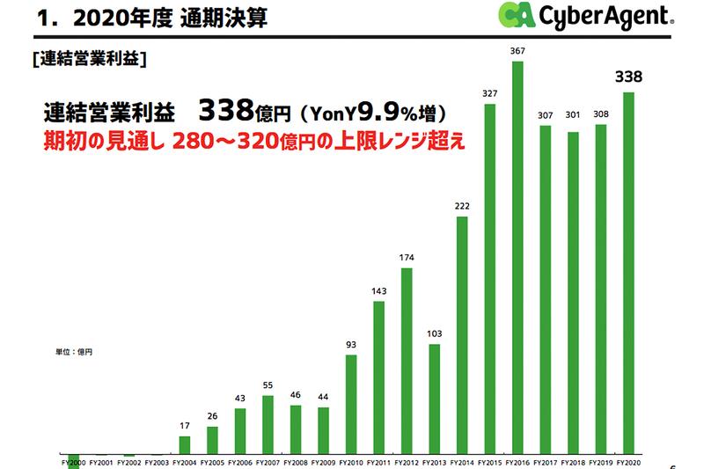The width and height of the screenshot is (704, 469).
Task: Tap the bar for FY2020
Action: point(627,273)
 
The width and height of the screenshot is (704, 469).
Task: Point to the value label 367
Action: point(517,52)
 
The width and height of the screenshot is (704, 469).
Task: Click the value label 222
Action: point(462,206)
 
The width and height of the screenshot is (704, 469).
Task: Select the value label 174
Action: point(407,258)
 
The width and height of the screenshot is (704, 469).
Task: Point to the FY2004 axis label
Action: point(184,460)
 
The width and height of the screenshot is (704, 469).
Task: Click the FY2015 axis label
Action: point(489,460)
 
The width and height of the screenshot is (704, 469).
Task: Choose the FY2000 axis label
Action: point(73,460)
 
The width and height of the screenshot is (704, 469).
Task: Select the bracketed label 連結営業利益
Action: point(87,60)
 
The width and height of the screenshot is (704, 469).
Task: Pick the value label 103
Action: point(435,334)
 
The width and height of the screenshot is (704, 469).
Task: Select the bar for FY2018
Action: point(573,289)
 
